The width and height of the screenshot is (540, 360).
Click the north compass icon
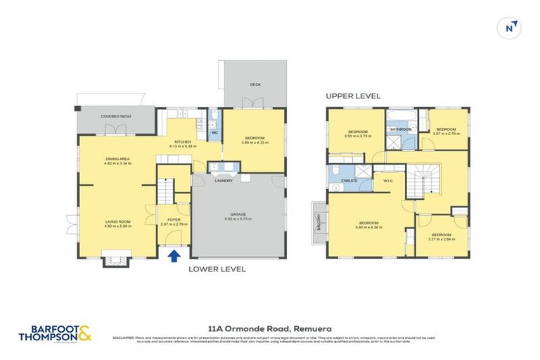[511, 27]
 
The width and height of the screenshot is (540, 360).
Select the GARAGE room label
[239, 215]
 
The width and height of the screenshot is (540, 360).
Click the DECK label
[255, 84]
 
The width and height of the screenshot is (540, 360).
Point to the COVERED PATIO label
[116, 116]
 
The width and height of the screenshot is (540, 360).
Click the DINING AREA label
[117, 160]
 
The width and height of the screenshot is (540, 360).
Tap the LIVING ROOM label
[117, 221]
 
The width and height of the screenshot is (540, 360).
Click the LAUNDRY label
[224, 181]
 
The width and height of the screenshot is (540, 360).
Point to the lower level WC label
[215, 131]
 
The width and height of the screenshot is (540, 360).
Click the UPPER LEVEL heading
[352, 96]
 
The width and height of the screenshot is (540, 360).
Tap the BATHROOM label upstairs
[401, 129]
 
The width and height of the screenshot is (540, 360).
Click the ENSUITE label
[349, 181]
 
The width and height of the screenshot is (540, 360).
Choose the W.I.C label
[387, 181]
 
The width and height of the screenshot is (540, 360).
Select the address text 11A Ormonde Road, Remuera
[270, 328]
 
